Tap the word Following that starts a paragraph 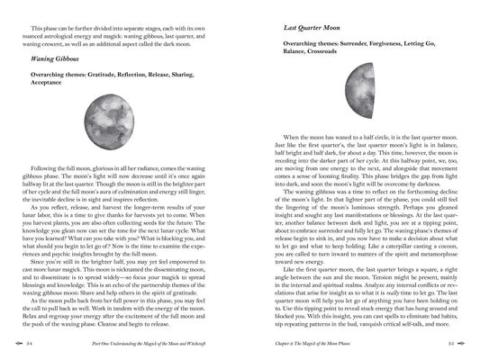click(45, 168)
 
